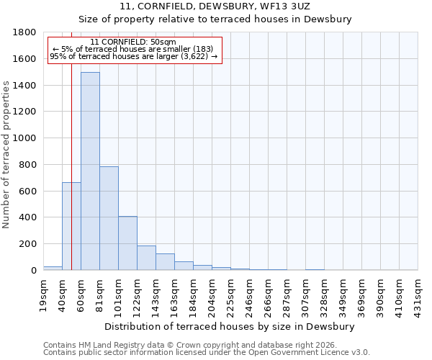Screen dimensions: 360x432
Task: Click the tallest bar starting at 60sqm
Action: [x=90, y=171]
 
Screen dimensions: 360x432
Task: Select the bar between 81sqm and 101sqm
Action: [x=109, y=218]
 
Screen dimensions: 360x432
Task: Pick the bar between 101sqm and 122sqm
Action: [x=127, y=243]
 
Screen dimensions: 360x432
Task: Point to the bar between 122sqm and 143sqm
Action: [x=146, y=258]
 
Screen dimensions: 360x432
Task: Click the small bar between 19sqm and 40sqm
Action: [x=53, y=268]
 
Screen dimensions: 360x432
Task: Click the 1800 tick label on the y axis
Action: [x=25, y=32]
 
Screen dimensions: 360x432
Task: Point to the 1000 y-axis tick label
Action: [x=25, y=138]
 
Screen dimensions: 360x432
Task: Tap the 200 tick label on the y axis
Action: [x=28, y=244]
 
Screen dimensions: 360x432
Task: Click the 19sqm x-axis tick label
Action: [x=43, y=294]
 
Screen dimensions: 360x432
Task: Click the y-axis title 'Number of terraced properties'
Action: [x=6, y=155]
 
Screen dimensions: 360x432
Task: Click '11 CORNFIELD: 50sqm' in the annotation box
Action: [x=133, y=42]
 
